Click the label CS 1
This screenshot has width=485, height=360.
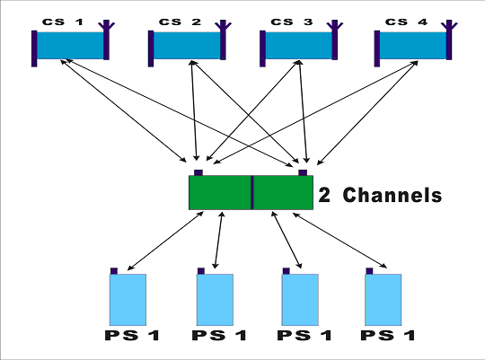(63, 22)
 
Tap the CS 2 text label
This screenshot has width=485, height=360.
(180, 22)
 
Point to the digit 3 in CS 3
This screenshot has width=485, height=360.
(308, 22)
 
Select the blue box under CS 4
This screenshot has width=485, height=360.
(413, 45)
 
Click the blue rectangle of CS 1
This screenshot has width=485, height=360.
(70, 45)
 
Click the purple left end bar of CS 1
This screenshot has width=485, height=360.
(34, 48)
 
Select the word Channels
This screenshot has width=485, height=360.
(392, 195)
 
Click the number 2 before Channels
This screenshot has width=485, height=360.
(324, 196)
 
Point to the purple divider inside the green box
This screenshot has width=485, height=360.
(252, 192)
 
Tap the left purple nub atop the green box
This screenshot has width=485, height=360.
(198, 172)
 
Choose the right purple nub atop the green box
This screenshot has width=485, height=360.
(303, 172)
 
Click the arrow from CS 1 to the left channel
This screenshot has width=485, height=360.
(123, 110)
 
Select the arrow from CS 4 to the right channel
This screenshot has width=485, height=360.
(367, 113)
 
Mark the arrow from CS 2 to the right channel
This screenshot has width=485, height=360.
(243, 111)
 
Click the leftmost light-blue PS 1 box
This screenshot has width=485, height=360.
(128, 300)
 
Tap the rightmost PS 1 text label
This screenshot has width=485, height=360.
(388, 336)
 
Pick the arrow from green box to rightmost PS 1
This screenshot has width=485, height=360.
(339, 240)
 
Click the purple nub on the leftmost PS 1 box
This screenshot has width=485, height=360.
(114, 271)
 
